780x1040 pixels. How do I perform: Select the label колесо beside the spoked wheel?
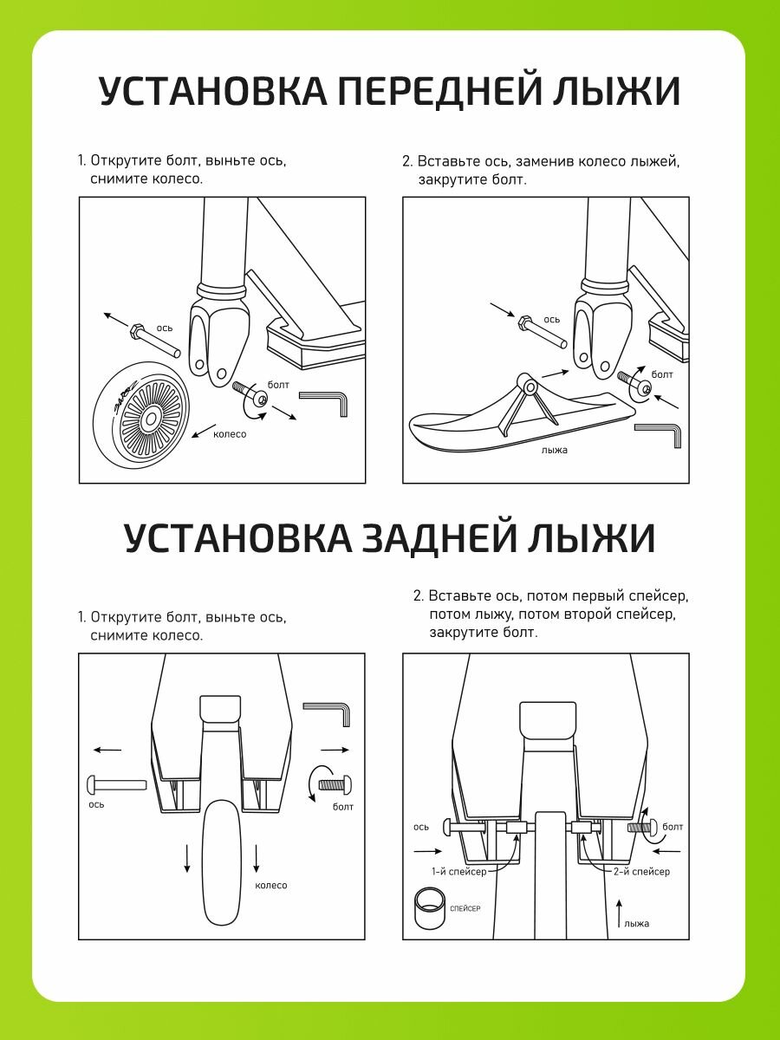(x=230, y=434)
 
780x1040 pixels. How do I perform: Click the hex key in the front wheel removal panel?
(x=326, y=401)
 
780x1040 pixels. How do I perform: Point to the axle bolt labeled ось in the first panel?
(x=153, y=340)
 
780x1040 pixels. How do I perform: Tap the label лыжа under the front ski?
(x=554, y=450)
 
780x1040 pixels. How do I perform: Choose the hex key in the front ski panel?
(x=660, y=432)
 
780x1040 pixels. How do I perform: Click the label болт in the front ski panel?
(x=662, y=374)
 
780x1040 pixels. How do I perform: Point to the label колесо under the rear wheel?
(x=270, y=885)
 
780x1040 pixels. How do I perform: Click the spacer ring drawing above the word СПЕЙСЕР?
(x=428, y=908)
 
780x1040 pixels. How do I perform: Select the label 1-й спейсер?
(x=458, y=871)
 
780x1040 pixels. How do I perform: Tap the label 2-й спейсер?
(x=640, y=871)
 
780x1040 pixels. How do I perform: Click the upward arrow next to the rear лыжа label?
(x=619, y=912)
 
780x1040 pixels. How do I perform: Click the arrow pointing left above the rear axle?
(x=107, y=750)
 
